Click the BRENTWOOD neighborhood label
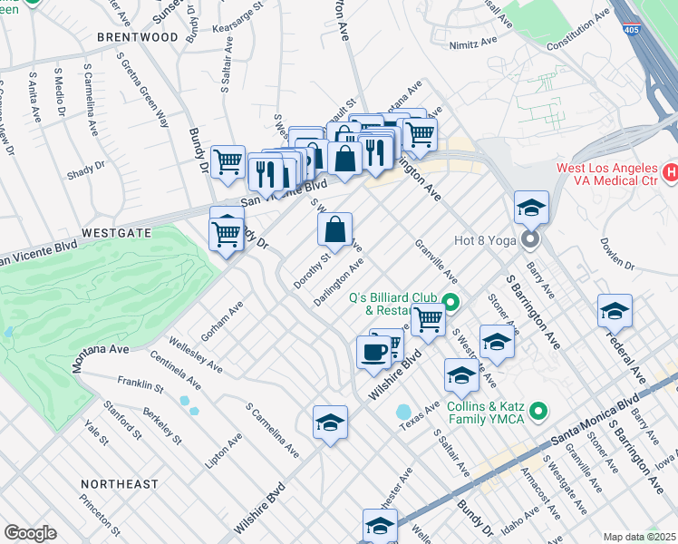[140, 37]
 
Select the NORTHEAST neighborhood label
[118, 484]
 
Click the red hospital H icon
[670, 170]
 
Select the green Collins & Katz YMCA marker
[540, 413]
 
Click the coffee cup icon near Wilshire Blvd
[373, 352]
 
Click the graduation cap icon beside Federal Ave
[615, 310]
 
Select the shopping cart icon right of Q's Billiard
[428, 319]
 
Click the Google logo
[30, 533]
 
